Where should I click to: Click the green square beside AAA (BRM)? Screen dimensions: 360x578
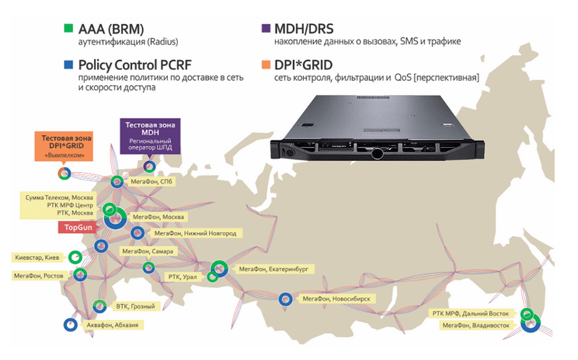coord(68,29)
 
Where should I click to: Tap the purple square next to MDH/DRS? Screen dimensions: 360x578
coord(265,29)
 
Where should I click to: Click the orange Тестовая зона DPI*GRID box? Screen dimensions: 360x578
coord(66,143)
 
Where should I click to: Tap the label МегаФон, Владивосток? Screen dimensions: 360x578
coord(476,326)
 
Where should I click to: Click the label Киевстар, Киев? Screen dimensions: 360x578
coord(38,257)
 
